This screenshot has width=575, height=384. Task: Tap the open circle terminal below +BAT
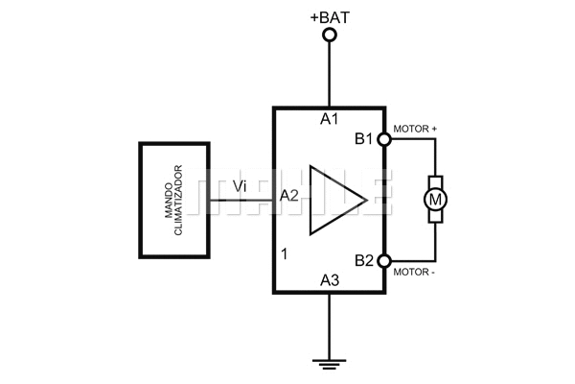[330, 36]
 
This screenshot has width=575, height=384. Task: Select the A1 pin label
[330, 120]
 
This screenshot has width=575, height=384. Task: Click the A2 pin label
[289, 196]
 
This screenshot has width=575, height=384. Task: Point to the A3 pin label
[330, 280]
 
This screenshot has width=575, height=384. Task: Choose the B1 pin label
[364, 140]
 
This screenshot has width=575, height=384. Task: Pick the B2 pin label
[364, 260]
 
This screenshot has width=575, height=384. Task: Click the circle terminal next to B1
[385, 140]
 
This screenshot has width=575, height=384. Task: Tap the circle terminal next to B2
[385, 260]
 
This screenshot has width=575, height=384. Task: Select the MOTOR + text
[416, 128]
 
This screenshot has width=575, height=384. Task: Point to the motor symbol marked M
[435, 200]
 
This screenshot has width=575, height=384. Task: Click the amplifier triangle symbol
[333, 200]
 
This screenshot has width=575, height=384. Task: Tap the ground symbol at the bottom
[330, 363]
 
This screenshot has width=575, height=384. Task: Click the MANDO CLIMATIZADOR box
[174, 200]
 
